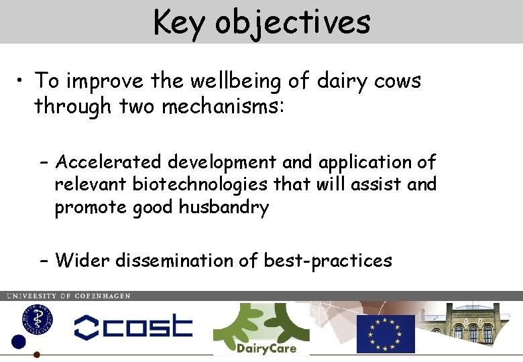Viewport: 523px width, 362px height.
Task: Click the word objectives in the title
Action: pos(292,22)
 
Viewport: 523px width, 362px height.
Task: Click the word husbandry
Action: pos(224,207)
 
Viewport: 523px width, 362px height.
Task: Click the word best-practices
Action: pos(328,259)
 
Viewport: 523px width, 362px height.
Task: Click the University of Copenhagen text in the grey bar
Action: pos(68,296)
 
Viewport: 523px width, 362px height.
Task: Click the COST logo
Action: pos(133,326)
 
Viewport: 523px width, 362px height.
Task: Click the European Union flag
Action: pos(386,333)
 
